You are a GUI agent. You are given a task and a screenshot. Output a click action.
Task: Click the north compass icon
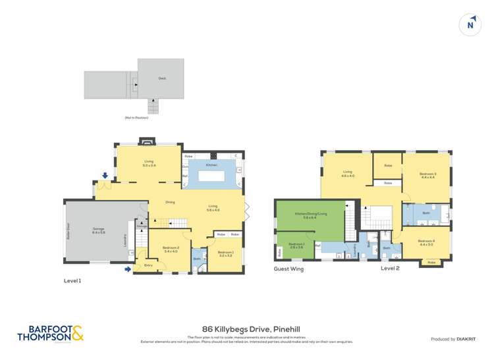470,24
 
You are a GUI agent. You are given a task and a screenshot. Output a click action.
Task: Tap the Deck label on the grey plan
161,78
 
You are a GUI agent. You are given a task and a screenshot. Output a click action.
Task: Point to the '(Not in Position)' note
136,117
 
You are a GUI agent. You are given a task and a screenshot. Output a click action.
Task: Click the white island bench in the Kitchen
212,175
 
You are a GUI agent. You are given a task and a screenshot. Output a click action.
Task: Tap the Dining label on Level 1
170,202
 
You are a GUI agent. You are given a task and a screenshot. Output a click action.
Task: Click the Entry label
148,265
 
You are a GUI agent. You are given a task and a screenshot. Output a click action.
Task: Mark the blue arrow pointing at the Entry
127,269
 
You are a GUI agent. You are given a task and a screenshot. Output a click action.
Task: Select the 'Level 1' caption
72,280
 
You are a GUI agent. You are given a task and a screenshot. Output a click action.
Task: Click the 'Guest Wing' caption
288,269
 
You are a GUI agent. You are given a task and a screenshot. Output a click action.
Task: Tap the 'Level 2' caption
390,269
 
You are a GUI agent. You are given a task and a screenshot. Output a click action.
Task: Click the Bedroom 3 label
428,174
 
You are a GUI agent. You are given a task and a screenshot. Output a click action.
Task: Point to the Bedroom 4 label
426,242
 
